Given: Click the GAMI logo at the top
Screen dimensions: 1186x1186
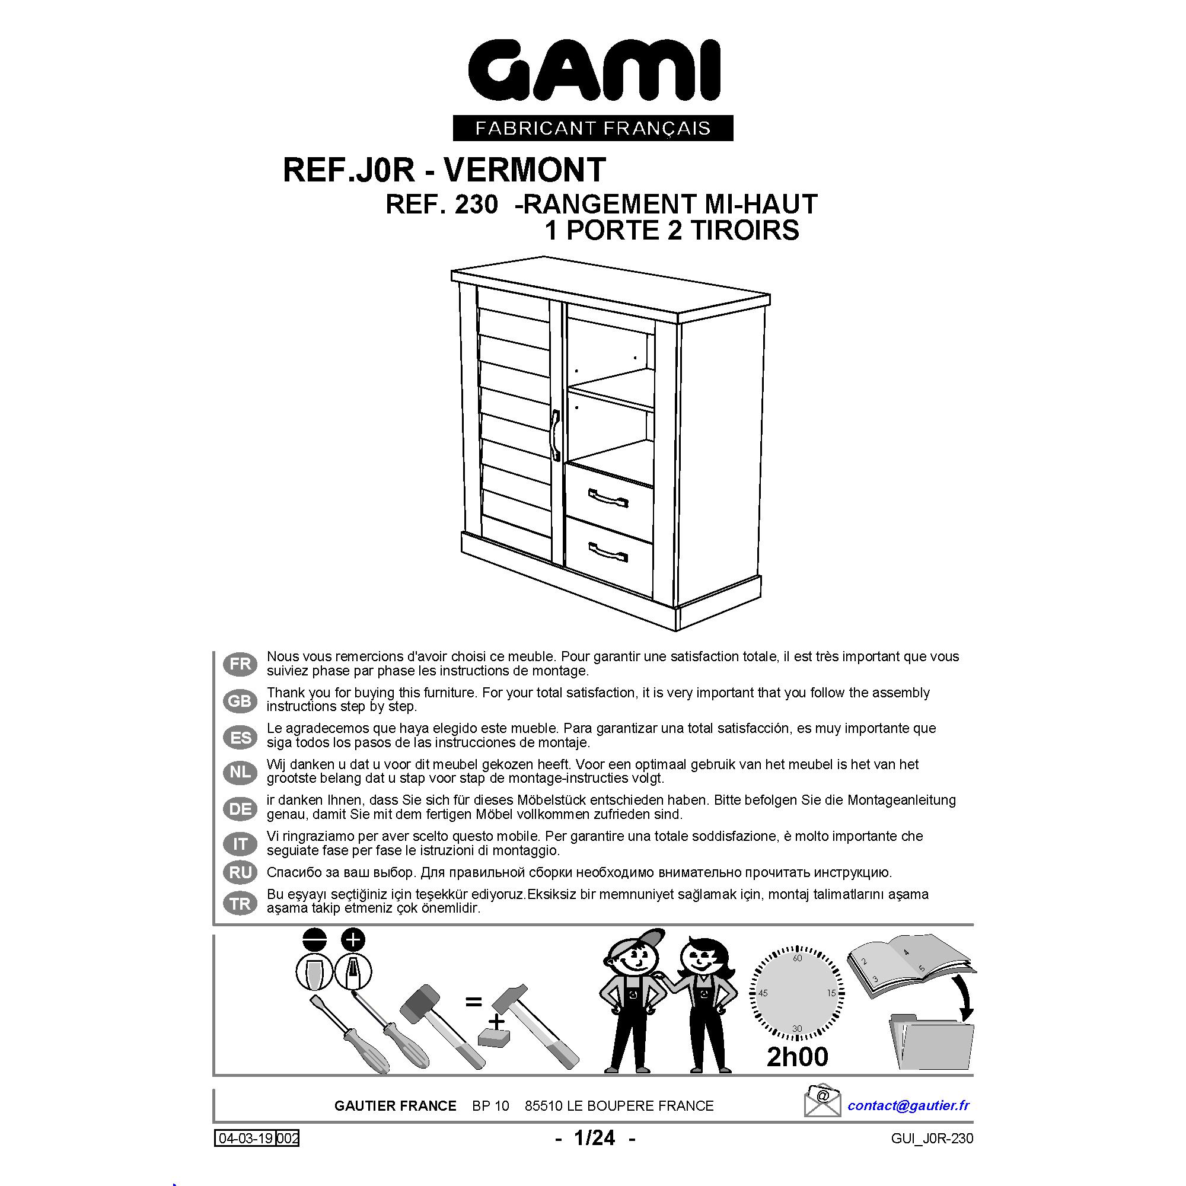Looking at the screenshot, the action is (x=594, y=72).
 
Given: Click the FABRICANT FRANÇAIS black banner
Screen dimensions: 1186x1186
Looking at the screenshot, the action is (x=593, y=127).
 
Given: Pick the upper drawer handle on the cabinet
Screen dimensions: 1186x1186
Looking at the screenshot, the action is (x=608, y=498).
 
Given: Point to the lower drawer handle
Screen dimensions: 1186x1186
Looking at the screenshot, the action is (x=608, y=552).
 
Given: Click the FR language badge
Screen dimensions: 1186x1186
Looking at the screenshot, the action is (x=240, y=664).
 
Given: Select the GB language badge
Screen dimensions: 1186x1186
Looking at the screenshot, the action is (x=240, y=700).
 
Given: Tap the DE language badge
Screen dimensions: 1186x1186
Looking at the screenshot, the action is (x=240, y=809).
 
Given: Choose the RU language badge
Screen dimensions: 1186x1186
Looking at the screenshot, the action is (x=240, y=872).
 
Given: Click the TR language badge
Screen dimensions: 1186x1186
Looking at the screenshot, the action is (x=240, y=904).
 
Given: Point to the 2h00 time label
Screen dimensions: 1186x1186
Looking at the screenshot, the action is (x=798, y=1057).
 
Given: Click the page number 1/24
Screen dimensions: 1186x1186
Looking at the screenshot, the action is (x=594, y=1138).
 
